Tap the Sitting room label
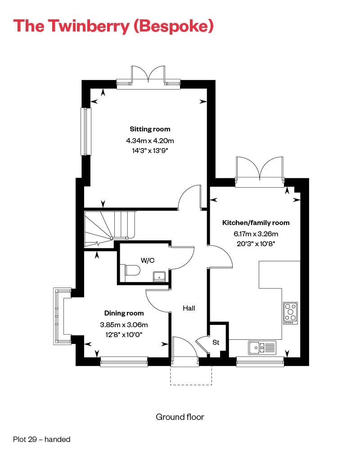click(x=150, y=129)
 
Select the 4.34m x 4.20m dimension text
click(x=150, y=140)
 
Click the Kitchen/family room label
click(x=256, y=223)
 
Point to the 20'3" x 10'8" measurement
click(x=254, y=243)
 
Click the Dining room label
click(x=124, y=313)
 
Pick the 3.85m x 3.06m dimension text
click(x=124, y=324)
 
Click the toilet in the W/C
click(x=131, y=270)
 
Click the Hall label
click(x=189, y=308)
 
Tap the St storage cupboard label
click(x=216, y=342)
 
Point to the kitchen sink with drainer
click(x=261, y=347)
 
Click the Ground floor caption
click(x=180, y=417)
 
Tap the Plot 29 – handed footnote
click(x=42, y=439)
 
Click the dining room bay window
click(x=58, y=316)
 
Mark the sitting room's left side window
click(x=84, y=131)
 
